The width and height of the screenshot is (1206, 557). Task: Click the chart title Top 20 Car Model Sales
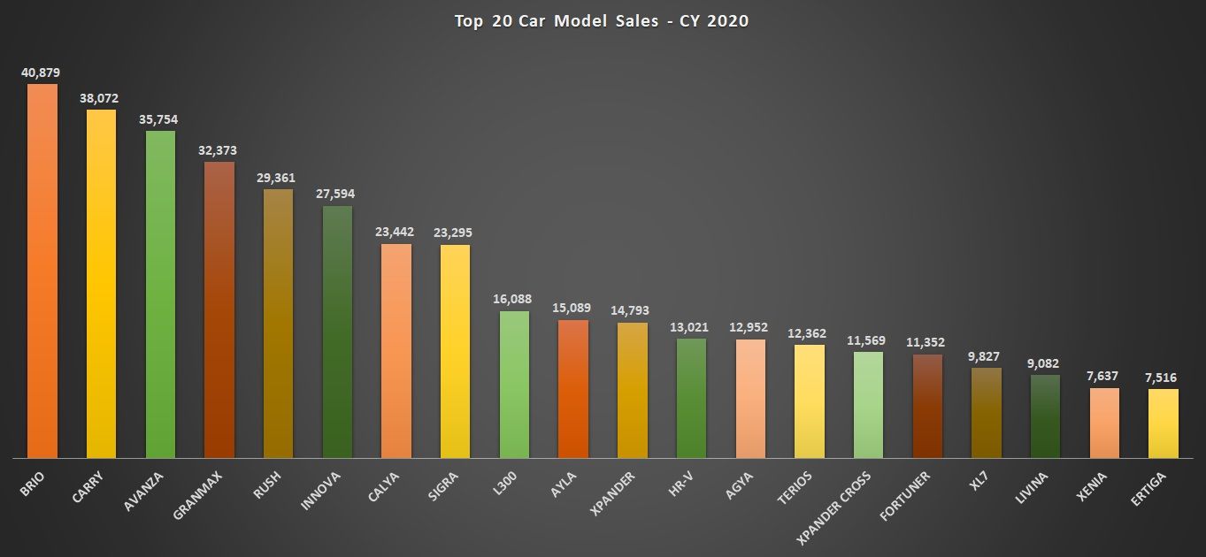coord(602,21)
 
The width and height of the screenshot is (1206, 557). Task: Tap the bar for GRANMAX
coord(219,309)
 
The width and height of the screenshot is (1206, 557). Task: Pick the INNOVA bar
coord(337,332)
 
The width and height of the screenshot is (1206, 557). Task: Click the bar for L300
coord(514,384)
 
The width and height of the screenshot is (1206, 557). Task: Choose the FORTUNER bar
coord(927,406)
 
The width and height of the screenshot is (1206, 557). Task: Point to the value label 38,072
coord(101,98)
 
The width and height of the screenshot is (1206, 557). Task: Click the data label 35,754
coord(160,119)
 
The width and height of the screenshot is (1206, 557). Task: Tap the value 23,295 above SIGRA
coord(455,233)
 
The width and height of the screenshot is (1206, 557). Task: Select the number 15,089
coord(572,308)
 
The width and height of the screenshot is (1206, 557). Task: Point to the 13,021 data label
coord(691,327)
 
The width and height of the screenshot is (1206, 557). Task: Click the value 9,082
coord(1045,363)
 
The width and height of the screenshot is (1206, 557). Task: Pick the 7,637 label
coord(1104,377)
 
